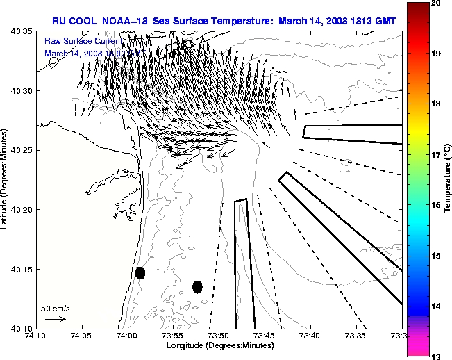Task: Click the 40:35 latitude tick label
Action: [x=21, y=32]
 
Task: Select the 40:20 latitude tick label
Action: [x=21, y=210]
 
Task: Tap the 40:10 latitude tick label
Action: [x=21, y=328]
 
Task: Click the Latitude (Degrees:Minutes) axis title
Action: [x=6, y=179]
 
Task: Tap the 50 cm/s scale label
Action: [x=56, y=308]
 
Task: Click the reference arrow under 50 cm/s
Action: [x=55, y=319]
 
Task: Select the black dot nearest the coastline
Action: [x=140, y=272]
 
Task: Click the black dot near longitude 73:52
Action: [x=197, y=286]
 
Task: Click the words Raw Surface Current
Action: [x=76, y=42]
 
